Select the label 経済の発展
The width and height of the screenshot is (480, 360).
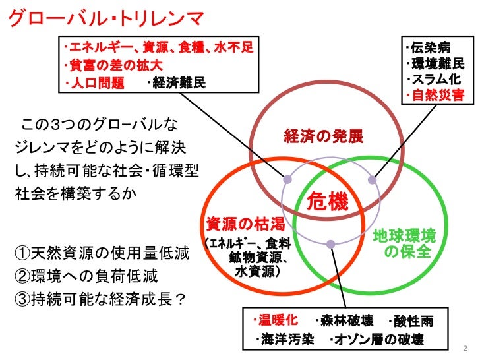point(324,136)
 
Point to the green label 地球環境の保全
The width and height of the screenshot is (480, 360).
point(404,243)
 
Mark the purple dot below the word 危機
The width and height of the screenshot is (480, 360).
point(330,244)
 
